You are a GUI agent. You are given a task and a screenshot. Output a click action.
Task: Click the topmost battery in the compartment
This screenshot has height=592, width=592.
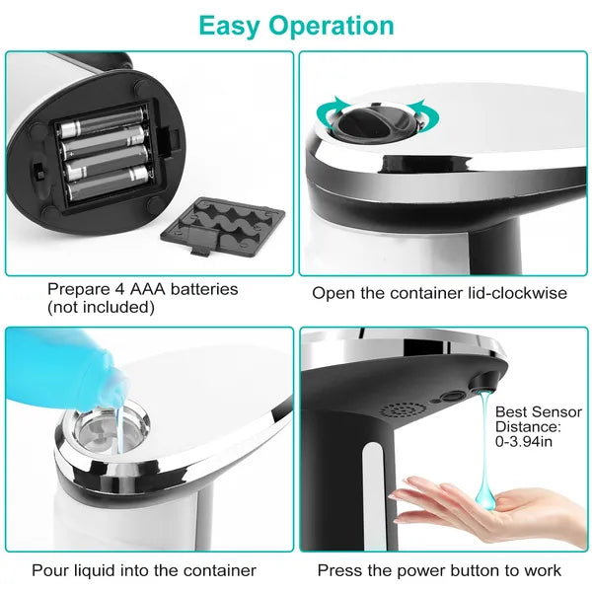(x=102, y=127)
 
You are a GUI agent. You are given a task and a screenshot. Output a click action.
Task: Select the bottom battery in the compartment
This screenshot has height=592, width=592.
(x=108, y=179)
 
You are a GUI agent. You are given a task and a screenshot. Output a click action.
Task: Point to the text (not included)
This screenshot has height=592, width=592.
(x=101, y=307)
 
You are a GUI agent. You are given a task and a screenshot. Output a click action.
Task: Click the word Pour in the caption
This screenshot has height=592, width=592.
(x=50, y=570)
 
